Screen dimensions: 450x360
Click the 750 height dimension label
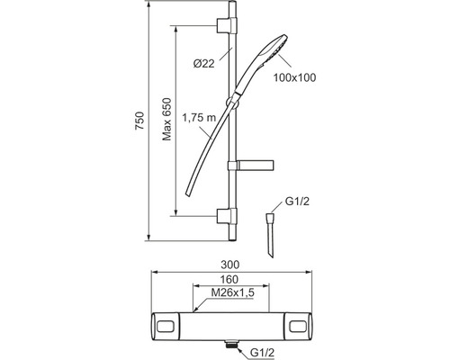coord(139,121)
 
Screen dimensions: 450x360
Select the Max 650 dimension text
coord(166,119)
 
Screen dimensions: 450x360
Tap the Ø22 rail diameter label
coord(204,64)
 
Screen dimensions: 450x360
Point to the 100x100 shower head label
coord(294,77)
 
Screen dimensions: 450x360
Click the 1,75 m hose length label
coord(199,118)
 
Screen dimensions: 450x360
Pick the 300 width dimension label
coord(230,265)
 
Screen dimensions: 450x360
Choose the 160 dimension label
coord(229,279)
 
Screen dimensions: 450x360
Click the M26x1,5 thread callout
coord(232,292)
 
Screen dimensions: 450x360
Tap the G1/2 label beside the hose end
coord(297,201)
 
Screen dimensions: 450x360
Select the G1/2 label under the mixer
coord(262,353)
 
